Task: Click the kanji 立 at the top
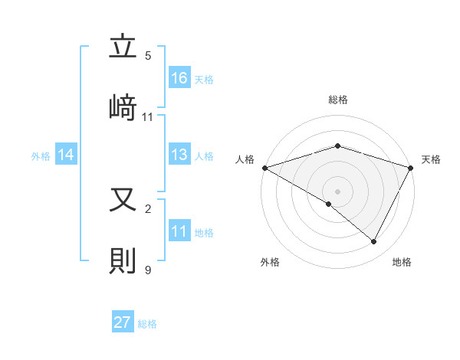tap(123, 47)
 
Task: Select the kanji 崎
tap(123, 106)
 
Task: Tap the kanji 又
tap(123, 201)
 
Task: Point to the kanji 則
tap(123, 260)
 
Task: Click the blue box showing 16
tap(179, 77)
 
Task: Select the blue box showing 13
tap(179, 155)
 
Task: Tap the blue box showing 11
tap(179, 231)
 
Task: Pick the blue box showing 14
tap(66, 155)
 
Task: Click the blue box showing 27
tap(123, 322)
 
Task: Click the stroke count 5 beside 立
tap(148, 56)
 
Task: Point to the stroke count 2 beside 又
tap(148, 208)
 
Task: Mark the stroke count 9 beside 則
tap(148, 269)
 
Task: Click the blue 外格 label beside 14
tap(41, 155)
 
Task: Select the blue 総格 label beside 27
tap(147, 323)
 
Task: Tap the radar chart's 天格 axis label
tap(432, 159)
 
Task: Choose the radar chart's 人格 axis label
tap(245, 159)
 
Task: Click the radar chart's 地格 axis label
tap(402, 262)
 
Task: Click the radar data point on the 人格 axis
tap(264, 168)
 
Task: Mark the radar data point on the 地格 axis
tap(374, 242)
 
